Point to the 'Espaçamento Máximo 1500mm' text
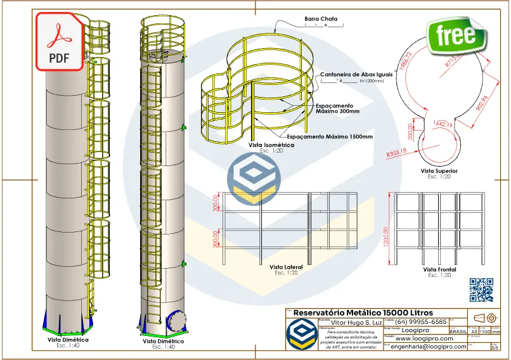tap(330, 136)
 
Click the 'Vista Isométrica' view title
tap(271, 145)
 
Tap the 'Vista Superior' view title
tap(439, 170)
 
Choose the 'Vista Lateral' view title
tap(286, 267)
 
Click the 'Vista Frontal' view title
tap(439, 269)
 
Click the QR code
tap(481, 290)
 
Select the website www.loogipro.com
tap(424, 338)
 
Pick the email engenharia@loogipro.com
tap(429, 347)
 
